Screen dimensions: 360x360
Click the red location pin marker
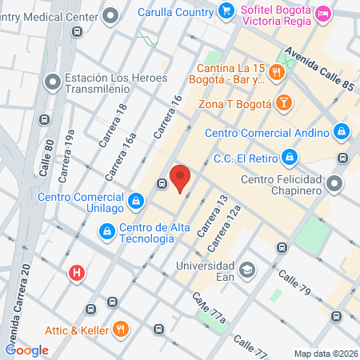[181, 177]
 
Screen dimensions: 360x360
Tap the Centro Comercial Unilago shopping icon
[137, 199]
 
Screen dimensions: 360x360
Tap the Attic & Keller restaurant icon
[121, 328]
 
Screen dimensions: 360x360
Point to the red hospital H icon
[77, 273]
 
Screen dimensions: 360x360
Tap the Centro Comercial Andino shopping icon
[342, 130]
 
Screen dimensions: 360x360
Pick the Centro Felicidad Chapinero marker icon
[334, 184]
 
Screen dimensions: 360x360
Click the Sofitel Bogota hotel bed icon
[323, 12]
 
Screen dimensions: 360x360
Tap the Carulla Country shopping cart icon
[226, 11]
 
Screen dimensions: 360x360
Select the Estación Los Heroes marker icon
[53, 81]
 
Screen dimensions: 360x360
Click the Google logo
[27, 350]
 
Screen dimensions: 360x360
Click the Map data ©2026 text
[325, 354]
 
